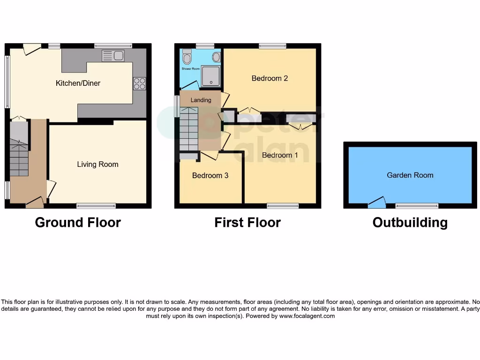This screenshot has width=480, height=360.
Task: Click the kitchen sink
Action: tap(113, 56)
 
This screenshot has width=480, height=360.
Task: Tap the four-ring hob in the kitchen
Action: tap(140, 83)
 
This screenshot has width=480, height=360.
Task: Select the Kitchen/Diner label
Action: tap(78, 83)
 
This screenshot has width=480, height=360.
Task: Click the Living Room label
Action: tap(97, 165)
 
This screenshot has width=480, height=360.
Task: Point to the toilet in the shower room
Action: tap(187, 57)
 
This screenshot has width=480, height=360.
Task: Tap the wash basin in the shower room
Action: tap(216, 57)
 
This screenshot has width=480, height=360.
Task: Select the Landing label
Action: tap(201, 100)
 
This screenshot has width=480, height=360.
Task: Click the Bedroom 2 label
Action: tap(270, 78)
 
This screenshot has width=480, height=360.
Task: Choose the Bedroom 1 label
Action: tap(280, 155)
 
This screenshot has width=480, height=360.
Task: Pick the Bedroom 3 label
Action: tap(210, 176)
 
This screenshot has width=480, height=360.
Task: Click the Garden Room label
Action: tap(410, 175)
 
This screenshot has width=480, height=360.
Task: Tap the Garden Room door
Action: tap(377, 203)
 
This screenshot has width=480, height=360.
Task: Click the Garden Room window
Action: tap(417, 206)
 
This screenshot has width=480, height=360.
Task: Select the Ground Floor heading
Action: tap(78, 223)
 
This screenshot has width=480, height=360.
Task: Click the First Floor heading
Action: tap(247, 223)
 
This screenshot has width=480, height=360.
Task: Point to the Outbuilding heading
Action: tap(410, 223)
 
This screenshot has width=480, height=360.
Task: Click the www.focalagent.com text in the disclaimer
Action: tap(307, 316)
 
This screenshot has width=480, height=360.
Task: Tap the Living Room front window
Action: tap(96, 206)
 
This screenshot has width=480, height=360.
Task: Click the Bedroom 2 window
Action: tap(272, 46)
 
